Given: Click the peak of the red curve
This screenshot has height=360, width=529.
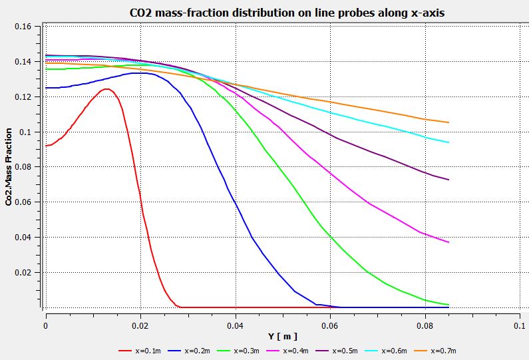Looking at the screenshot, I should click(105, 89).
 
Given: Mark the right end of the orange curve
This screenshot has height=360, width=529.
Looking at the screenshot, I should click(449, 122).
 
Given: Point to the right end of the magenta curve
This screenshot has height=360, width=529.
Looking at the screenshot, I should click(449, 242).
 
